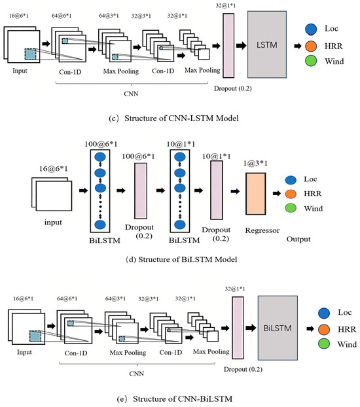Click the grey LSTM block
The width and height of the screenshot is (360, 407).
[267, 44]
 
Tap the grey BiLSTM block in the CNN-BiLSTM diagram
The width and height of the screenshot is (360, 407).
[278, 328]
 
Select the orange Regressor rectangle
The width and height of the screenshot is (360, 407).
[255, 194]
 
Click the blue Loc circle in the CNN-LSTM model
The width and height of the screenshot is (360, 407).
[311, 29]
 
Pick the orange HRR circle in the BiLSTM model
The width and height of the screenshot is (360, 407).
[291, 194]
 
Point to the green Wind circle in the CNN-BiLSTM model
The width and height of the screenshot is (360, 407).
[324, 344]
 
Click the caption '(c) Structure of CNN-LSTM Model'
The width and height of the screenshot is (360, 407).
[173, 118]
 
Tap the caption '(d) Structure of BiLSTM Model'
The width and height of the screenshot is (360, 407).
[181, 259]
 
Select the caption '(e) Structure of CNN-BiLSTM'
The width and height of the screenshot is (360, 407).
[175, 398]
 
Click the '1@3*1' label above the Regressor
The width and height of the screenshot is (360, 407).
[255, 164]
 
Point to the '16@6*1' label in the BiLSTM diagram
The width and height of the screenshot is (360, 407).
[53, 169]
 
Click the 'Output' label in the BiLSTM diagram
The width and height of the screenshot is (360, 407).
[298, 239]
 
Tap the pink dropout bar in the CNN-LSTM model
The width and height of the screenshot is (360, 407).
[228, 46]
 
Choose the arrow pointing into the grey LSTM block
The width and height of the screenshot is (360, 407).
[241, 46]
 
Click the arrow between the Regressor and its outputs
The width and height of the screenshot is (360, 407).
[277, 194]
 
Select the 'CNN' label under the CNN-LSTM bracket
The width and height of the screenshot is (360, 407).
[131, 94]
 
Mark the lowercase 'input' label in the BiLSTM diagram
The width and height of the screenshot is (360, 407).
[53, 222]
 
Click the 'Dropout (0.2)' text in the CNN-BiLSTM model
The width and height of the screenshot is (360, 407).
[243, 369]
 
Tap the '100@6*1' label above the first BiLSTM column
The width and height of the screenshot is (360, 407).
[101, 144]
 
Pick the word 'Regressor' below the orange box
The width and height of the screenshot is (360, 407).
[262, 231]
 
